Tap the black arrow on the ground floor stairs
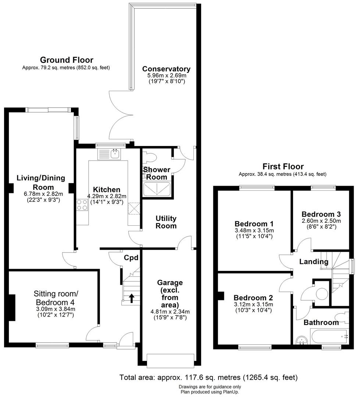click(131, 298)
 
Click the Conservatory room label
click(166, 69)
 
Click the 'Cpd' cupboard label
click(131, 258)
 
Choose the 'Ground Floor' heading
click(67, 60)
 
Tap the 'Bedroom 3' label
click(321, 214)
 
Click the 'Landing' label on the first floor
click(313, 262)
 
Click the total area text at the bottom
click(208, 378)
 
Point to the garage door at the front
click(170, 360)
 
